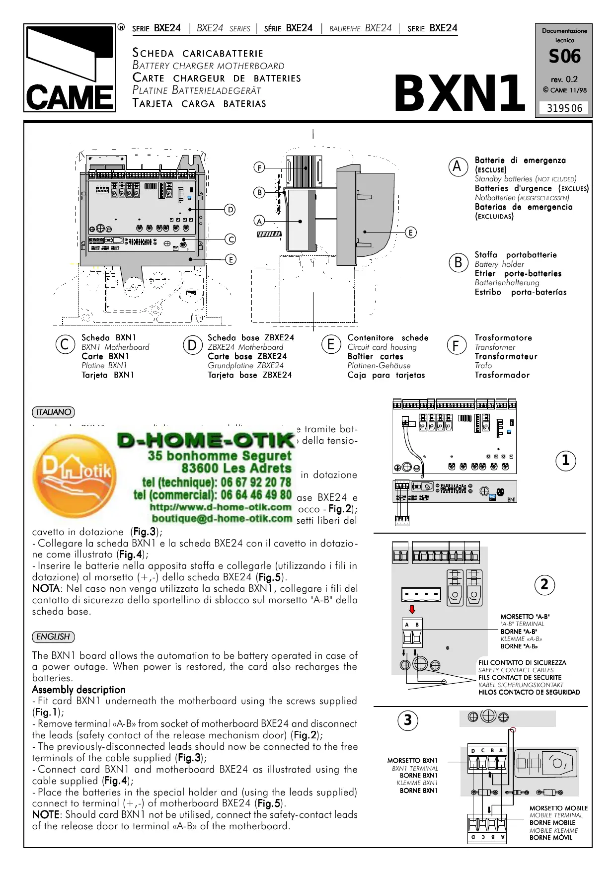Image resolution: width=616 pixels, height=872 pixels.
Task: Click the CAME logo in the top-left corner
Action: [70, 68]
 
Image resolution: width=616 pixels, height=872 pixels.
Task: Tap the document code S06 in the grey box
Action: [564, 57]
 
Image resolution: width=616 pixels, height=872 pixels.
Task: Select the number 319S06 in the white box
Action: [564, 108]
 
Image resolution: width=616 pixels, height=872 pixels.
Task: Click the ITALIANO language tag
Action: [53, 412]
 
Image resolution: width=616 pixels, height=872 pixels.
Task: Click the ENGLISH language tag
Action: [53, 636]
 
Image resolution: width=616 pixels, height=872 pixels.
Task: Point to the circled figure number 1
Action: [565, 461]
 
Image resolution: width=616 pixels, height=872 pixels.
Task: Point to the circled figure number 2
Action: [544, 585]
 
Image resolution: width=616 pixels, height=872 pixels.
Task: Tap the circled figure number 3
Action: [407, 720]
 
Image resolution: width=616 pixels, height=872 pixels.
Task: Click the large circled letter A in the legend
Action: [457, 167]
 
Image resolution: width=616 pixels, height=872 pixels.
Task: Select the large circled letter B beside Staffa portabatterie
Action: [458, 262]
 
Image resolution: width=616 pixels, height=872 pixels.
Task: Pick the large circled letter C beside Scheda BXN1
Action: [65, 344]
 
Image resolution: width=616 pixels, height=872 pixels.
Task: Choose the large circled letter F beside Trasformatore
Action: [456, 345]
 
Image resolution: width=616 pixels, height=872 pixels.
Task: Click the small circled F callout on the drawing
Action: [259, 167]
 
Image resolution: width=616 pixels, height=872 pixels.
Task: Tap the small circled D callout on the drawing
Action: [230, 210]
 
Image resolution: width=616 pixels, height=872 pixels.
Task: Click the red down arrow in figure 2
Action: [412, 610]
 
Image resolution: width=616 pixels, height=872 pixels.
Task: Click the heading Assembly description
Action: [78, 690]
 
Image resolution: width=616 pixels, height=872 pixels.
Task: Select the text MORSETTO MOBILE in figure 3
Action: [558, 808]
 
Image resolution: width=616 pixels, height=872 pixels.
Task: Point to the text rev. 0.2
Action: [564, 79]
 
